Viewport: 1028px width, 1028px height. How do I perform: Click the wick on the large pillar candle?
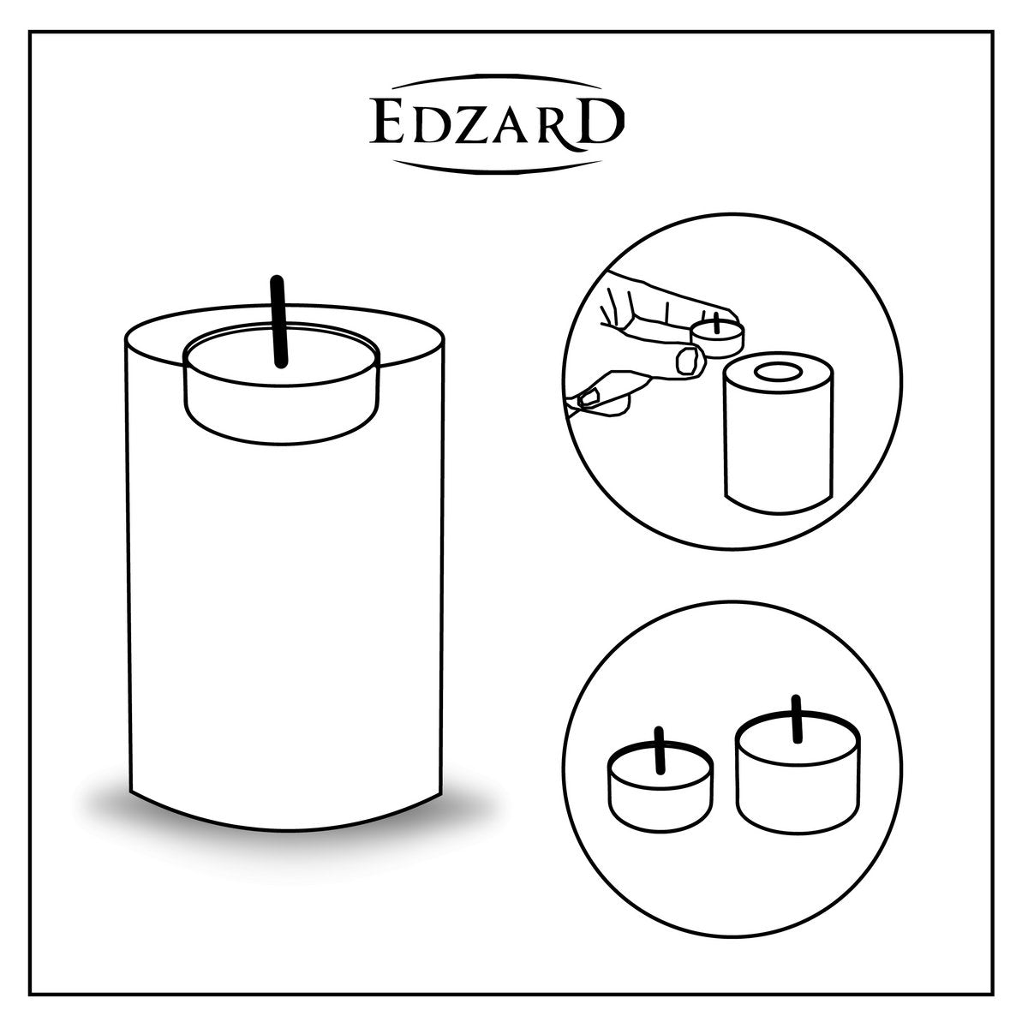point(278,322)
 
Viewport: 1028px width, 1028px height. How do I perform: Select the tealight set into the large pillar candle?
point(281,383)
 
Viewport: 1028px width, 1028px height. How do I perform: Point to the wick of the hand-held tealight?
point(716,322)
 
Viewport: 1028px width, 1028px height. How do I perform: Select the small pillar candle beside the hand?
point(779,433)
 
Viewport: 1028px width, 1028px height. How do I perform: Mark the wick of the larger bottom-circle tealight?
point(797,719)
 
